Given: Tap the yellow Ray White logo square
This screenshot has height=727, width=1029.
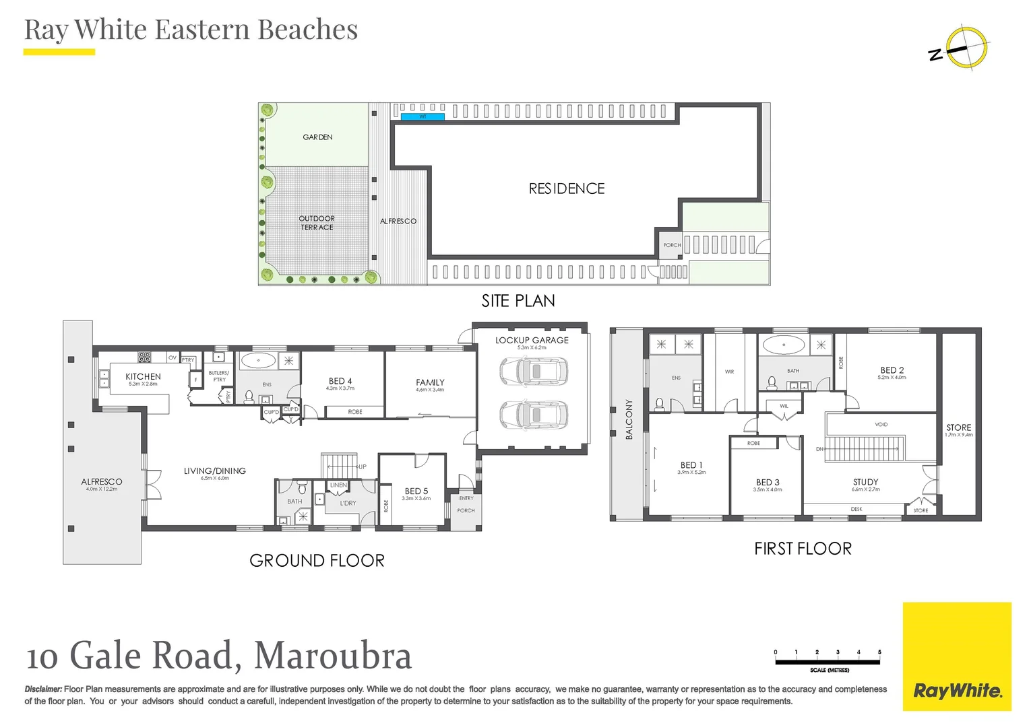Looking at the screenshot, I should click(956, 656).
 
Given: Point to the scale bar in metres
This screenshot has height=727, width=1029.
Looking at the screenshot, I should click(828, 662).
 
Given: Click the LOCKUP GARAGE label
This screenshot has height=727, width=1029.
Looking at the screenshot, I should click(532, 341).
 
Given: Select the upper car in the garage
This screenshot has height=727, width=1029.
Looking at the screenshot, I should click(534, 372).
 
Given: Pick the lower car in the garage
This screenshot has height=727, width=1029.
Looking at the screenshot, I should click(534, 415).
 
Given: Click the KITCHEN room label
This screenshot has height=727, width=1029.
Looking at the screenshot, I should click(143, 377).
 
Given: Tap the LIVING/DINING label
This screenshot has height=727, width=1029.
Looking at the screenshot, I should click(214, 471).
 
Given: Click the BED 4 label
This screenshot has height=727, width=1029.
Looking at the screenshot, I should click(340, 381).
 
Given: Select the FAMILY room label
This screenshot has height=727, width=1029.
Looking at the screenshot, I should click(430, 382).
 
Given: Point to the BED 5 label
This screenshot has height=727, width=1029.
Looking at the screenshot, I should click(416, 491).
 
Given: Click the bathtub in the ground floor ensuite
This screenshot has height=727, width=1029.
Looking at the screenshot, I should click(258, 360).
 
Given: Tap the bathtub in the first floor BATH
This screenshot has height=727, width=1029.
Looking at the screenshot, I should click(784, 345).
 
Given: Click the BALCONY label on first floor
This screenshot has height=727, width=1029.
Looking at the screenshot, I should click(629, 419).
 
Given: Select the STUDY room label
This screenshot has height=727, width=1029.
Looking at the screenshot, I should click(865, 482).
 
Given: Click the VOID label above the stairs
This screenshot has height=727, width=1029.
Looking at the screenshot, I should click(881, 425).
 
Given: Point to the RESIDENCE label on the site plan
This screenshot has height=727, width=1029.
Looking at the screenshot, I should click(567, 189).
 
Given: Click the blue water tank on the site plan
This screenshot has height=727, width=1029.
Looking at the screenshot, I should click(423, 117).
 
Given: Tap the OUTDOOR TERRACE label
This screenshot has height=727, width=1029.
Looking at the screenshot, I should click(317, 223).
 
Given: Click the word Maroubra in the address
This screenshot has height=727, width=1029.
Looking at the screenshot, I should click(333, 656).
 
